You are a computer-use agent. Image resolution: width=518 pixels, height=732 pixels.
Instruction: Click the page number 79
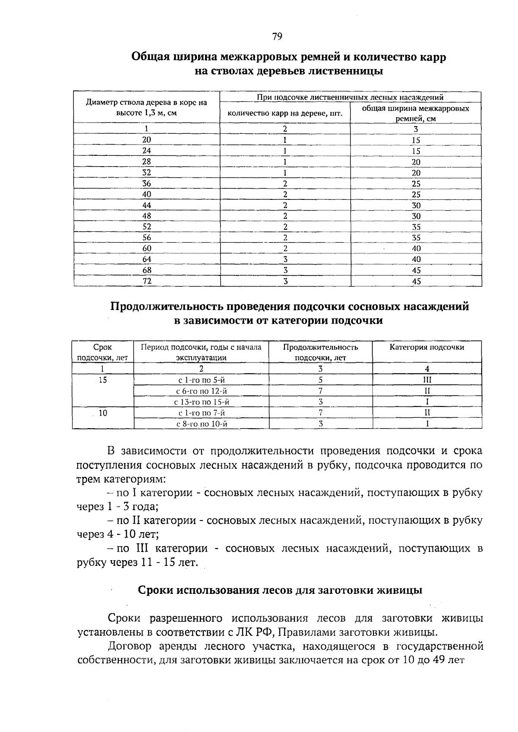click(x=277, y=37)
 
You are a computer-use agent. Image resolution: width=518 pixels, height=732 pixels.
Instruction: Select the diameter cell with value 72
click(x=147, y=281)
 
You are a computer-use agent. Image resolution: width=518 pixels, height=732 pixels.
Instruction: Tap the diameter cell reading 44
click(x=147, y=205)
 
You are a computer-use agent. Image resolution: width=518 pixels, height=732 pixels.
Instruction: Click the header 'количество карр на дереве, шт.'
click(x=285, y=114)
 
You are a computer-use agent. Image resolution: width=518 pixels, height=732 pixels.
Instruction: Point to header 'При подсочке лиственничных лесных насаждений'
click(x=350, y=97)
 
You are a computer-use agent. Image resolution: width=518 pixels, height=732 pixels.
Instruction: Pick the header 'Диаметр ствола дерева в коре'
click(x=146, y=103)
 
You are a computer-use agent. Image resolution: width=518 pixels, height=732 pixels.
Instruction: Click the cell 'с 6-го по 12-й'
click(x=201, y=391)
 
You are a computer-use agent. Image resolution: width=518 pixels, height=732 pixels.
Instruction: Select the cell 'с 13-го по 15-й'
click(x=201, y=402)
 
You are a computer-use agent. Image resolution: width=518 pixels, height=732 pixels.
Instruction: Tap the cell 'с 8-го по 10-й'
click(x=201, y=424)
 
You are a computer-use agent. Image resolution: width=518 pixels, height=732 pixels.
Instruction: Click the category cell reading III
click(x=427, y=380)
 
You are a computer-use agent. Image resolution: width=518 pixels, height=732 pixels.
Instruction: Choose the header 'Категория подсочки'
click(x=427, y=347)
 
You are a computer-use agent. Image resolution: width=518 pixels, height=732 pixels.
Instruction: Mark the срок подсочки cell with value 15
click(x=103, y=380)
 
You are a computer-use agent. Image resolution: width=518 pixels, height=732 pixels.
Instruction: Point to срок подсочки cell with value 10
click(x=103, y=413)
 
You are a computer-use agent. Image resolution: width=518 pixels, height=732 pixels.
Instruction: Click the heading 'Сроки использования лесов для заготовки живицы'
click(x=280, y=590)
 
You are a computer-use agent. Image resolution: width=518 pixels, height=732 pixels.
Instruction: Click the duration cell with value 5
click(x=320, y=380)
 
